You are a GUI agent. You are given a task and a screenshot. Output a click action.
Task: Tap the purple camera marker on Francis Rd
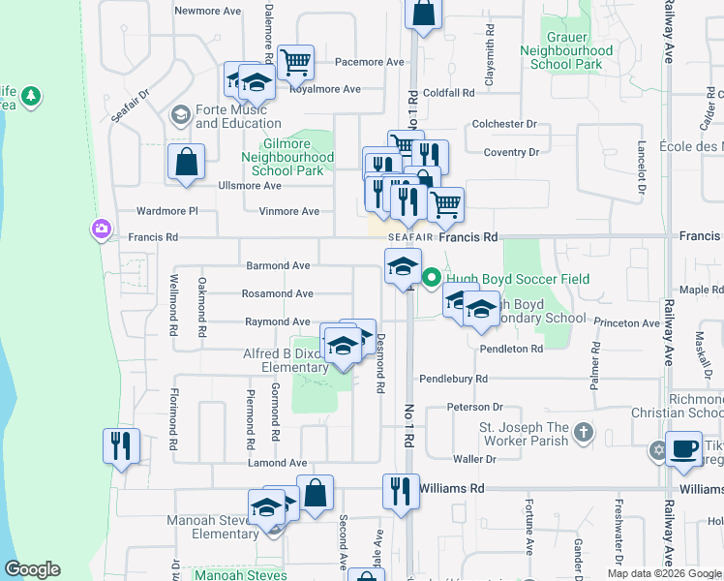click(101, 229)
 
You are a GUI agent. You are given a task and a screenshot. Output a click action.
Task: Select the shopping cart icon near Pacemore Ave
click(295, 62)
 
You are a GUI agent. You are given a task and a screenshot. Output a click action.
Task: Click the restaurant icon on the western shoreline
click(121, 445)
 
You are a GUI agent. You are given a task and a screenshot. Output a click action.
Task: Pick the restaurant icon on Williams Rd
click(397, 490)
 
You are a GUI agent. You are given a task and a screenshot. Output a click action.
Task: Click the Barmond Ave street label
click(278, 265)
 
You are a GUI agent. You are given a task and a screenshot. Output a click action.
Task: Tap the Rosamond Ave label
click(278, 293)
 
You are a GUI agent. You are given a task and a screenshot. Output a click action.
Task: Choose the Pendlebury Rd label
click(453, 379)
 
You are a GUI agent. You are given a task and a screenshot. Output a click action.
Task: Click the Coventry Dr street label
click(511, 152)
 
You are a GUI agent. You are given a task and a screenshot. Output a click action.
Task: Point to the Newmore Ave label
click(206, 11)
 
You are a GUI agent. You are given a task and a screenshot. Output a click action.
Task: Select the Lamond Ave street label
click(277, 464)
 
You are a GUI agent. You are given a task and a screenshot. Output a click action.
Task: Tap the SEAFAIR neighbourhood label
click(411, 237)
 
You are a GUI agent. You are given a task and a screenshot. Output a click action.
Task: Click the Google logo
click(32, 569)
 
